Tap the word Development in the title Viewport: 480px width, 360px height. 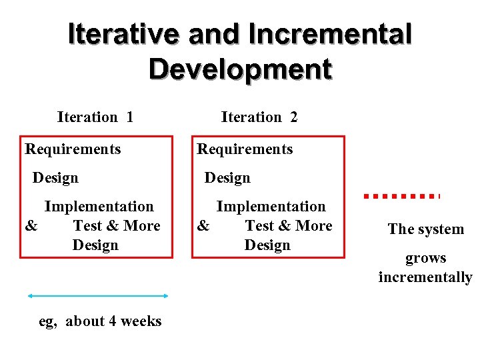point(240,69)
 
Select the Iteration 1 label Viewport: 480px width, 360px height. point(95,117)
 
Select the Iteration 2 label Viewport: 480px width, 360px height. point(259,117)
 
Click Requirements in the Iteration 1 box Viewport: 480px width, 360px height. point(73,149)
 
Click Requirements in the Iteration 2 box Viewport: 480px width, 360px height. point(245,149)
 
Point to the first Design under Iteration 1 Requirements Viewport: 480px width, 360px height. point(55,178)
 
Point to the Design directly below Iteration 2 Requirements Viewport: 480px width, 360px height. point(227,178)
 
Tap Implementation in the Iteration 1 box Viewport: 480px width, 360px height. point(99,207)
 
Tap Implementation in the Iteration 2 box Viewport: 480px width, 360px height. point(271,207)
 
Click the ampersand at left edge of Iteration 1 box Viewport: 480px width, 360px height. point(31,226)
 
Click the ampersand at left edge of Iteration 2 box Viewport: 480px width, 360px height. point(203,226)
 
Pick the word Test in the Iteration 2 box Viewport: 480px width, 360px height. point(259,226)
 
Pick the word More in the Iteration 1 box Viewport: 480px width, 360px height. point(142,226)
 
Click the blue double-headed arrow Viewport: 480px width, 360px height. point(97,295)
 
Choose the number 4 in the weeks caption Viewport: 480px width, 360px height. point(112,321)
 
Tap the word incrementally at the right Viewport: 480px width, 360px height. point(425,277)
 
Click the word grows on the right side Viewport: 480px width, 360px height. point(426,258)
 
